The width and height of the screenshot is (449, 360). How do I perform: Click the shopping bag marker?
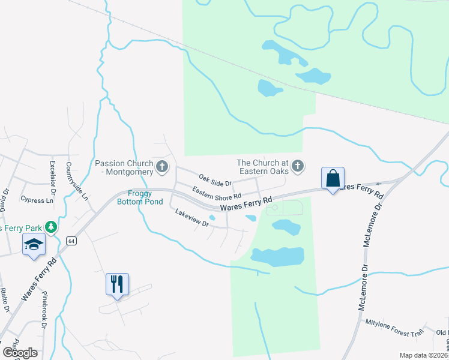coord(333,178)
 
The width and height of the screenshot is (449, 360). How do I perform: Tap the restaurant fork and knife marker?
coord(117,284)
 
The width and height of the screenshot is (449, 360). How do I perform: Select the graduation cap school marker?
coord(34,244)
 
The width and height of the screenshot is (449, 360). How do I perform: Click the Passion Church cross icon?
coord(161,167)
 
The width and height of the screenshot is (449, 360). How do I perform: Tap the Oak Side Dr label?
coord(215,180)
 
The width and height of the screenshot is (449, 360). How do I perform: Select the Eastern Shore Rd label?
coord(216,193)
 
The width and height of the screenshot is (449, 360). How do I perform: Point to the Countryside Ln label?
coord(77,181)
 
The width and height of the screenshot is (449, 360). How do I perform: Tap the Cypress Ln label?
coord(32,200)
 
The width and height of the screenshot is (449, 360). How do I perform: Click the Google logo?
coord(20,352)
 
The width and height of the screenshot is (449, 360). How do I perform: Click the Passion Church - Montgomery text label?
coord(124,167)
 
